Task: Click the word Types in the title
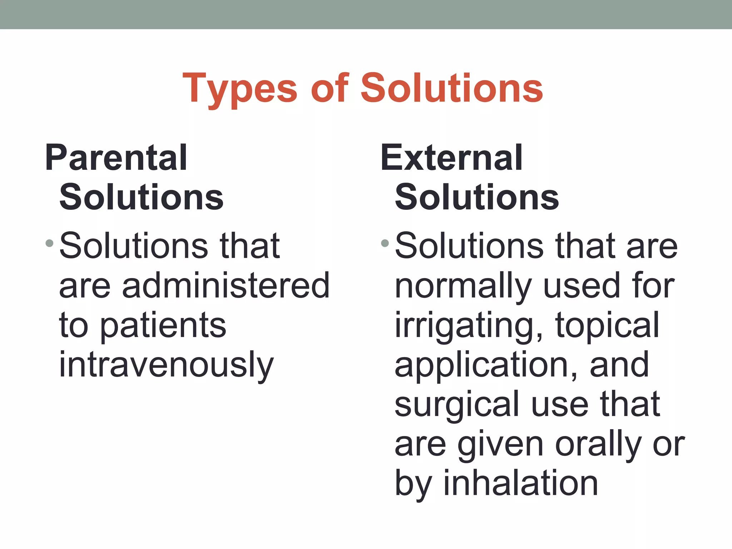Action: click(x=240, y=88)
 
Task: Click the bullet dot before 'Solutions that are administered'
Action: click(x=50, y=244)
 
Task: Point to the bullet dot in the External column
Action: click(x=385, y=244)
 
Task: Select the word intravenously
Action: click(x=166, y=365)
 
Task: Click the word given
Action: click(x=500, y=445)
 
